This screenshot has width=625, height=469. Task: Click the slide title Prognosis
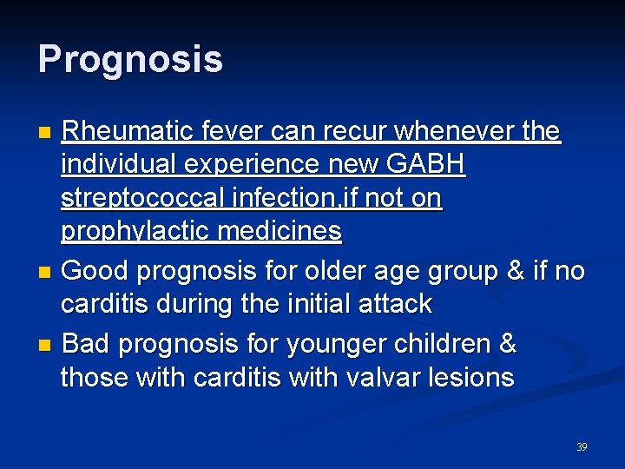[x=130, y=60]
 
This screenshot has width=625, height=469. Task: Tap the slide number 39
[x=582, y=447]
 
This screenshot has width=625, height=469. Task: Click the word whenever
[x=443, y=132]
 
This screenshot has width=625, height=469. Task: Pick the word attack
[x=393, y=304]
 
